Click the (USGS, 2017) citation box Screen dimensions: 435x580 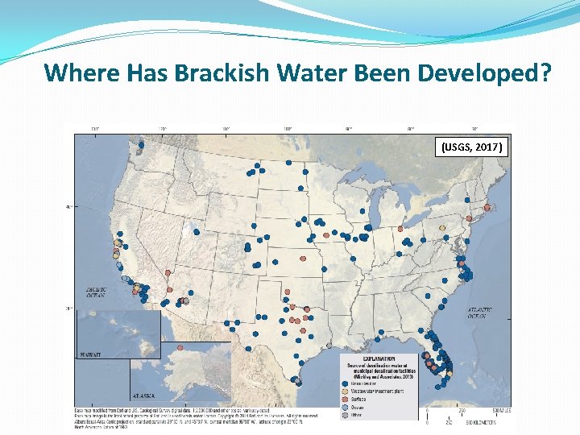[x=472, y=147]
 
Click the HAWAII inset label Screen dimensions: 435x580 [x=89, y=354]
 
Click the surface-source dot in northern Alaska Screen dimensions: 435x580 [x=180, y=347]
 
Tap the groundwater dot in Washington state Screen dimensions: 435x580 [x=141, y=146]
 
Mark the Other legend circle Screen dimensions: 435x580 [x=347, y=412]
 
